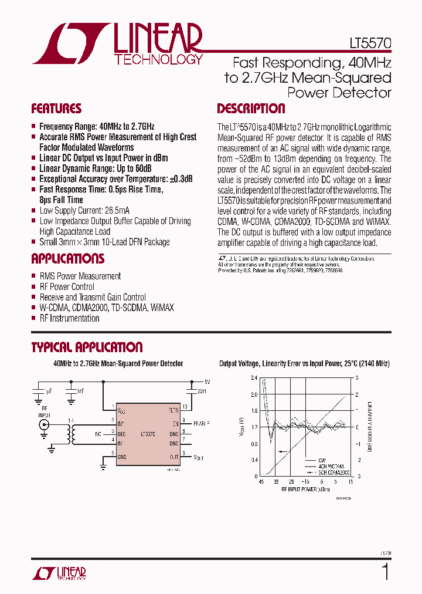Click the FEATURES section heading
click(x=56, y=109)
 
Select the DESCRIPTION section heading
click(x=251, y=109)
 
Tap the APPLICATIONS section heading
click(x=67, y=259)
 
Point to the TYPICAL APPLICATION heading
click(x=87, y=347)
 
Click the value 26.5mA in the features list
click(x=117, y=211)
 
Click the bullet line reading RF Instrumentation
click(x=69, y=318)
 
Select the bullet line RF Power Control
click(x=66, y=286)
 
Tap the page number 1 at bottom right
click(x=385, y=571)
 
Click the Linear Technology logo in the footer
click(x=59, y=573)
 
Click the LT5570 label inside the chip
click(x=149, y=435)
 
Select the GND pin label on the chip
click(x=122, y=456)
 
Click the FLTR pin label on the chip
click(x=173, y=409)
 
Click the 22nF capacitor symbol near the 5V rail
click(x=191, y=391)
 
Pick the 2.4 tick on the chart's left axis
click(x=254, y=378)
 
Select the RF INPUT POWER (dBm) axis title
click(x=305, y=488)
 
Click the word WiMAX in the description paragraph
click(x=377, y=222)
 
